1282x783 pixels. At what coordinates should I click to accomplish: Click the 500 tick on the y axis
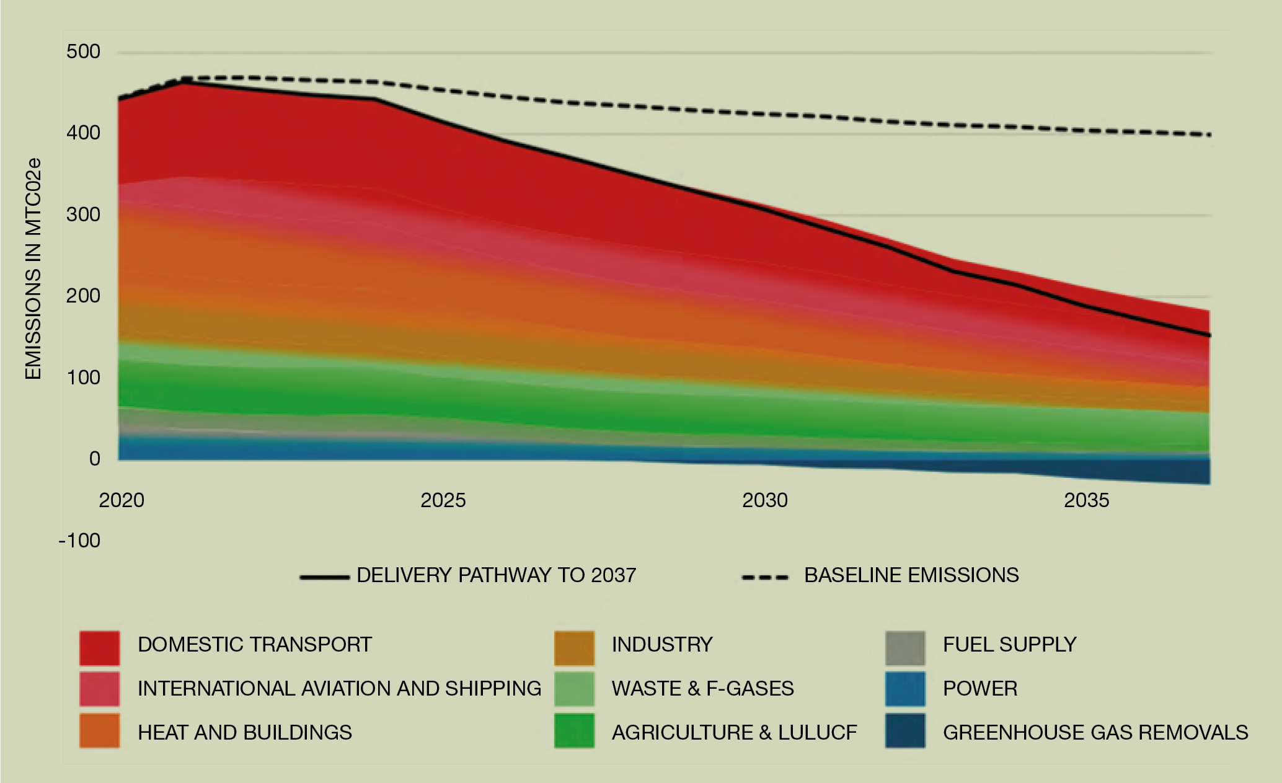click(83, 51)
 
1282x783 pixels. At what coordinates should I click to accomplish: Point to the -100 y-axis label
click(79, 541)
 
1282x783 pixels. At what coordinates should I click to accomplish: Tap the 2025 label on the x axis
click(443, 500)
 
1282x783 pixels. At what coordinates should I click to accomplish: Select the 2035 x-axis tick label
click(1086, 500)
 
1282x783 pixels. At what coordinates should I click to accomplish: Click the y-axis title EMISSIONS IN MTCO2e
click(33, 268)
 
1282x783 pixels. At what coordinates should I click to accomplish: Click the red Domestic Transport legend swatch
click(99, 648)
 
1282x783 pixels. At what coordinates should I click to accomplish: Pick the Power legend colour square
click(905, 689)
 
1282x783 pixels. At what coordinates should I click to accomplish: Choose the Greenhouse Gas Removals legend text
click(1095, 732)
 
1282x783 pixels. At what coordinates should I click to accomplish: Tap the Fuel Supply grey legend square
click(905, 648)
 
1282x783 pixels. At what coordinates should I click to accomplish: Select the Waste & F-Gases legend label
click(702, 689)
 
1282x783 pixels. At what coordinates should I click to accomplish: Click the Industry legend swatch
click(574, 648)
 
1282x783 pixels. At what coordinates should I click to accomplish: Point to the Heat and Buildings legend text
click(244, 732)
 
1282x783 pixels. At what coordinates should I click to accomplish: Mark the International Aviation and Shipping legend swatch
click(99, 689)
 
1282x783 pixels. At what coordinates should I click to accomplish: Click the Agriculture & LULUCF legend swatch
click(574, 731)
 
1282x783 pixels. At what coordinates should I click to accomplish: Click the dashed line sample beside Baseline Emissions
click(765, 577)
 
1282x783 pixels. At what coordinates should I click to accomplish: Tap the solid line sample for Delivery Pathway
click(324, 577)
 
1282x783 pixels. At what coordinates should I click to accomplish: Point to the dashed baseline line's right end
click(1209, 135)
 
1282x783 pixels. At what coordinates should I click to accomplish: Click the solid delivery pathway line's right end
click(1209, 335)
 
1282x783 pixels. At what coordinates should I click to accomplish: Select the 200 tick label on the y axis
click(83, 296)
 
